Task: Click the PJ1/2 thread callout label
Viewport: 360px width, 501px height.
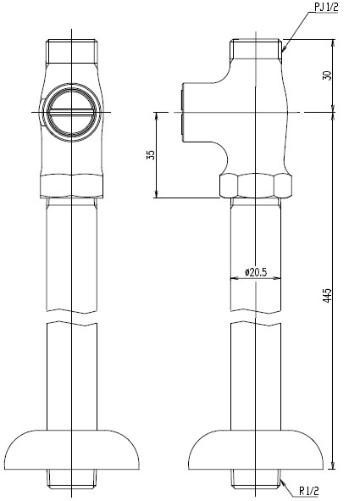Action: pyautogui.click(x=326, y=8)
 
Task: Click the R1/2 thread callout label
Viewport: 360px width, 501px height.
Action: pyautogui.click(x=308, y=491)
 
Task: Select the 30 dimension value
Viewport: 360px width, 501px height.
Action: pyautogui.click(x=328, y=75)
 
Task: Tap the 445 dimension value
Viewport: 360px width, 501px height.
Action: pyautogui.click(x=328, y=295)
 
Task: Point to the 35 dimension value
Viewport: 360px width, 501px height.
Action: pyautogui.click(x=151, y=155)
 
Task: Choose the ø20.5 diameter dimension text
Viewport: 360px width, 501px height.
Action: pyautogui.click(x=256, y=272)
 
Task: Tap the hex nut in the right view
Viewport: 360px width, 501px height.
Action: pyautogui.click(x=256, y=186)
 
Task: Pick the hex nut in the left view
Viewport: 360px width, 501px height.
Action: pyautogui.click(x=72, y=186)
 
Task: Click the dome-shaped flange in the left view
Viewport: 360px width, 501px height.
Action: pyautogui.click(x=72, y=449)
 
